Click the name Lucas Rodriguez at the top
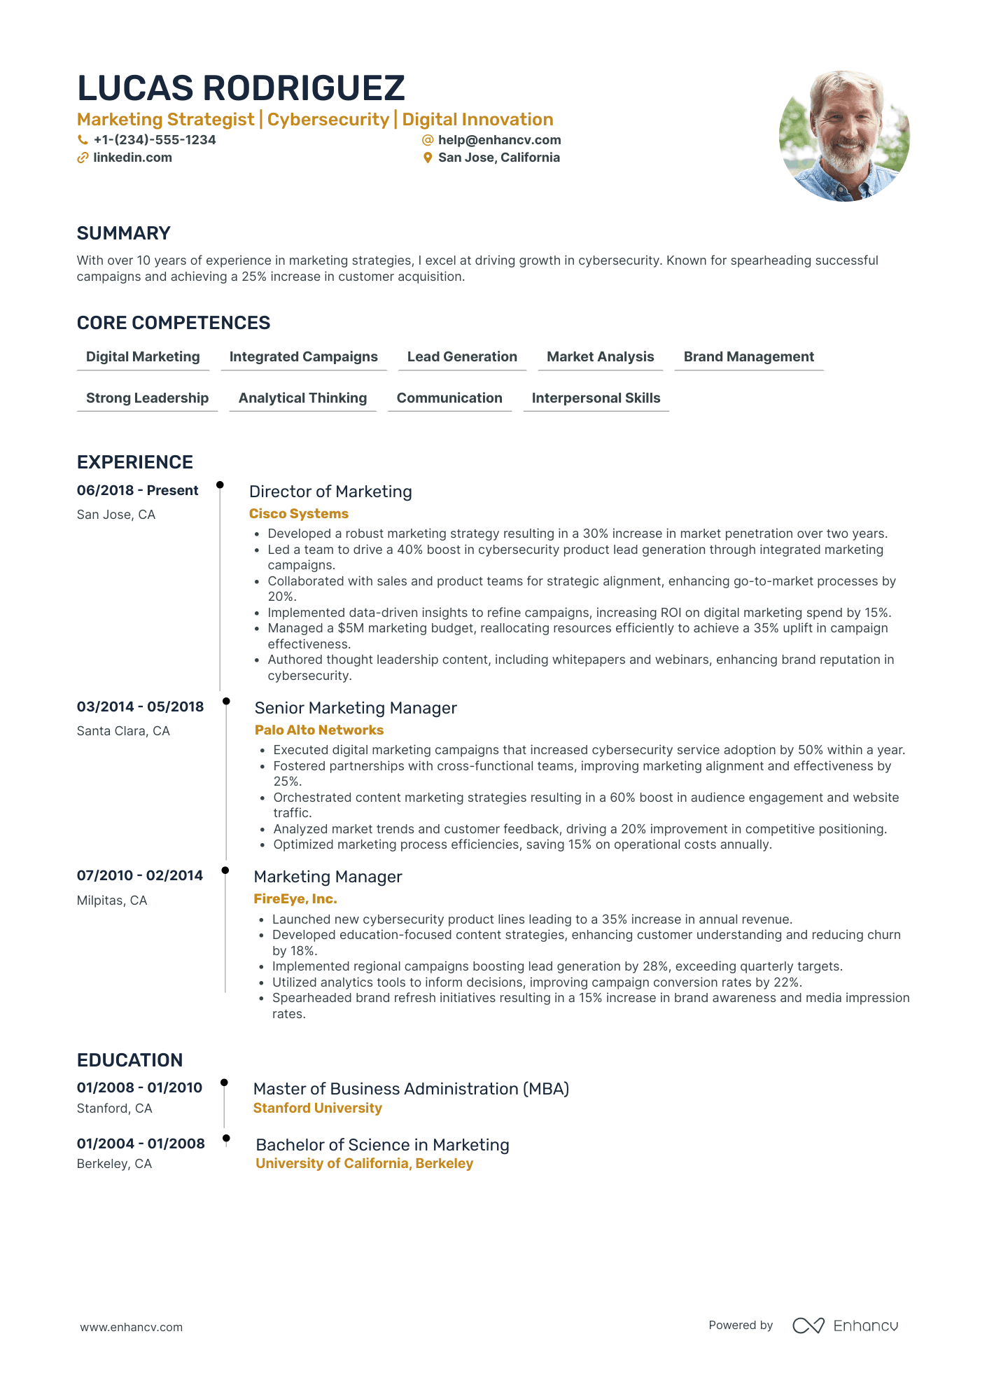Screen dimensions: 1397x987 click(241, 88)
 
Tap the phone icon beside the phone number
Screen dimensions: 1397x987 click(83, 140)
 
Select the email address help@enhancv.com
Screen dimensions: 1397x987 click(499, 140)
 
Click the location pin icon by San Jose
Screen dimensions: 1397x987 click(428, 158)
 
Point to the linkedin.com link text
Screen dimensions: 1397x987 click(132, 158)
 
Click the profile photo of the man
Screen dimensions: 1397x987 click(844, 136)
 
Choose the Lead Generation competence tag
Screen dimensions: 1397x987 click(462, 357)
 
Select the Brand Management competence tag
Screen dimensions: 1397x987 click(748, 357)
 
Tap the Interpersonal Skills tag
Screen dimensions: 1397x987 click(596, 398)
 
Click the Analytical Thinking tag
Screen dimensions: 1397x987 click(302, 398)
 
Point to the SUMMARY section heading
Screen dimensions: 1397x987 click(124, 233)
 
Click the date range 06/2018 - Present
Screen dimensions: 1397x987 click(138, 491)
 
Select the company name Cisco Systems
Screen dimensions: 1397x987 click(299, 514)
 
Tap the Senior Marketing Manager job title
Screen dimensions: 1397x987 click(356, 708)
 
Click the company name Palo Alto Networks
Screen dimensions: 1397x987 click(319, 730)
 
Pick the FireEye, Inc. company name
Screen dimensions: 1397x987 click(295, 899)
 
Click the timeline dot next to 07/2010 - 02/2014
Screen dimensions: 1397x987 click(225, 870)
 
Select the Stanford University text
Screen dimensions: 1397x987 click(318, 1108)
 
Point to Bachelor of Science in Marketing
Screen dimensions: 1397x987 click(382, 1145)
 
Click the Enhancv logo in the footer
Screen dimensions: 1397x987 click(845, 1326)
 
